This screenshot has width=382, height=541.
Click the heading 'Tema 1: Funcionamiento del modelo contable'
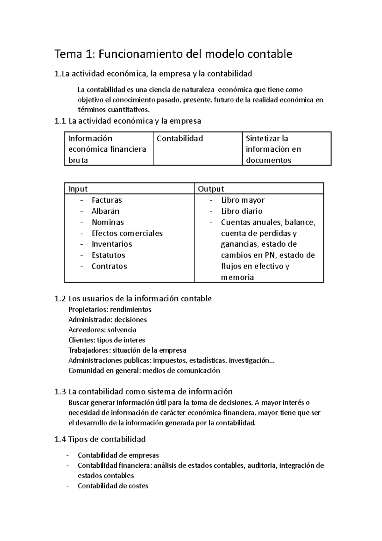tap(173, 54)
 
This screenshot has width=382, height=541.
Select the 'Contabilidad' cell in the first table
tap(180, 139)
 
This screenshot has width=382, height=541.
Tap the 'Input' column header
tap(78, 189)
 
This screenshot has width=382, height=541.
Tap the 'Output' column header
tap(211, 189)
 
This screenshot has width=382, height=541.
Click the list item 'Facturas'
tap(107, 200)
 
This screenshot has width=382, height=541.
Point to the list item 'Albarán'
tap(105, 211)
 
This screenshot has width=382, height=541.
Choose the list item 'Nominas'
tap(108, 222)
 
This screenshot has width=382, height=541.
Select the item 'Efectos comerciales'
tap(127, 233)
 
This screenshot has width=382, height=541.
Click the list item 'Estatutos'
tap(108, 255)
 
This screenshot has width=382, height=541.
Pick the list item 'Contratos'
tap(109, 266)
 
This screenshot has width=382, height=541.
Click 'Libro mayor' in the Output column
tap(243, 200)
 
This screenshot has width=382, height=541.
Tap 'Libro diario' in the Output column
tap(242, 211)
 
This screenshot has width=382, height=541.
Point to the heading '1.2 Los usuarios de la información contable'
tap(133, 299)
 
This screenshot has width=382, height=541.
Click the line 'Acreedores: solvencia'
tap(102, 330)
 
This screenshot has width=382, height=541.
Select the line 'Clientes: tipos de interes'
tap(107, 340)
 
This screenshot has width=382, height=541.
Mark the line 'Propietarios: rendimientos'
tap(110, 309)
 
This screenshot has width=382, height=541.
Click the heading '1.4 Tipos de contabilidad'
tap(100, 439)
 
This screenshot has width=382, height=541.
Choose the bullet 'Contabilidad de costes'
tap(113, 486)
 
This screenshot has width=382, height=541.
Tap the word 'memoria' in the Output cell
tap(237, 278)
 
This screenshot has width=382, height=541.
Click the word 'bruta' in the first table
tap(78, 160)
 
